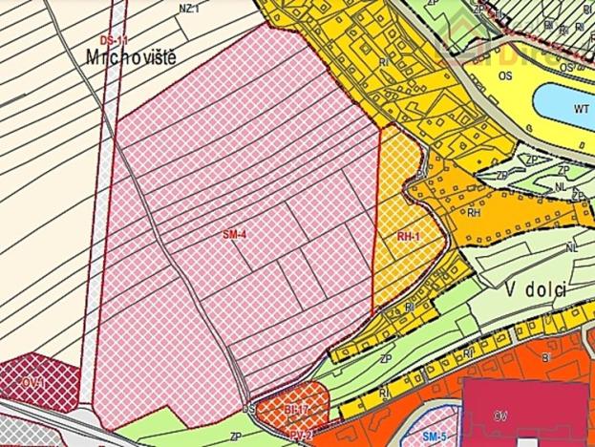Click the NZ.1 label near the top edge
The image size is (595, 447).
pyautogui.click(x=189, y=7)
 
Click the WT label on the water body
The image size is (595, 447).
pyautogui.click(x=580, y=108)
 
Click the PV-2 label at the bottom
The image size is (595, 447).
pyautogui.click(x=301, y=435)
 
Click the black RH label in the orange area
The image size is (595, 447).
pyautogui.click(x=472, y=213)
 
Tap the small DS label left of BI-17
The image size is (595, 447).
pyautogui.click(x=250, y=408)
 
